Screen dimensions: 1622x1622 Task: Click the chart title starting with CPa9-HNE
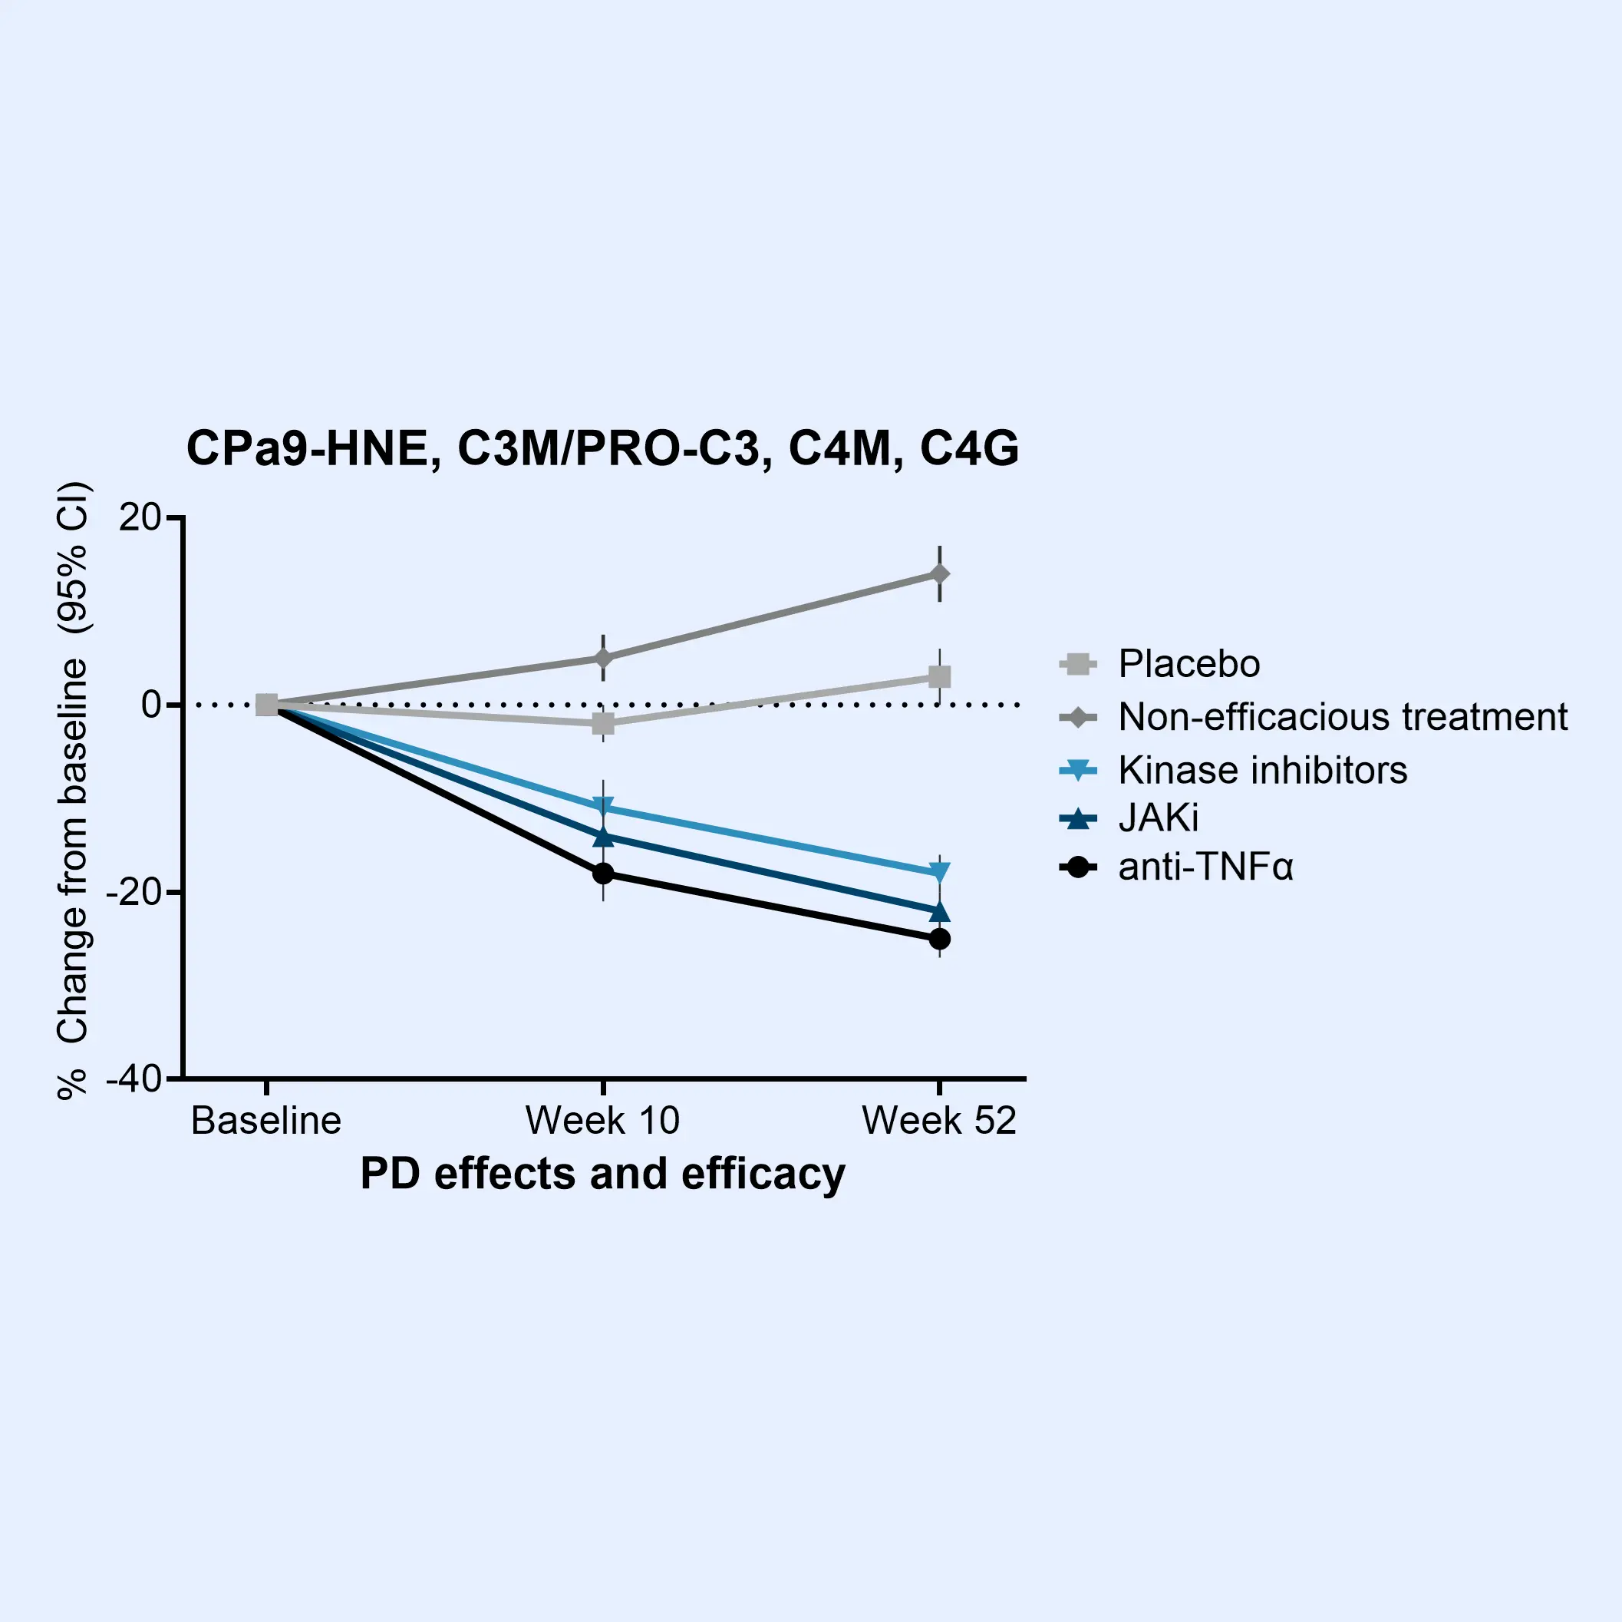click(602, 448)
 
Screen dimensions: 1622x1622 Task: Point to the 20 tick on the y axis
click(140, 517)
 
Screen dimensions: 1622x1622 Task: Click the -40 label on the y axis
click(134, 1079)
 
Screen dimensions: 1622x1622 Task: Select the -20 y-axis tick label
click(134, 892)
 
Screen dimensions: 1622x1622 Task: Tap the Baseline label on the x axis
click(266, 1121)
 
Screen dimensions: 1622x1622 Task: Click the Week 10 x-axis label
click(602, 1121)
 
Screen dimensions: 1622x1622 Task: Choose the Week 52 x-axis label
click(938, 1121)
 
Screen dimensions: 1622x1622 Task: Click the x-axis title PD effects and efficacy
click(602, 1174)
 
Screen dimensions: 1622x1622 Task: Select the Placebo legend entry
click(1188, 663)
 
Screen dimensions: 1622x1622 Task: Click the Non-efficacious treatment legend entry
click(1342, 716)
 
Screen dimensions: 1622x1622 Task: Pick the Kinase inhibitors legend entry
click(1262, 769)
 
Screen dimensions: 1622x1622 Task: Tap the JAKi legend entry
click(1158, 818)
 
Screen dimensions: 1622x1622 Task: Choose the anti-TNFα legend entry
click(1205, 866)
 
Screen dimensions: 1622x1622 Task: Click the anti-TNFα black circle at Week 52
click(939, 938)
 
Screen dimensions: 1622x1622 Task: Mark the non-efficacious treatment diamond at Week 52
click(939, 573)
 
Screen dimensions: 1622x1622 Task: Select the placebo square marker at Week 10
click(603, 723)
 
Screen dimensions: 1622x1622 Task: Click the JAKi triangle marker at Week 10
click(603, 836)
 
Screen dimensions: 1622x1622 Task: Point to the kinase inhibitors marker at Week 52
click(939, 872)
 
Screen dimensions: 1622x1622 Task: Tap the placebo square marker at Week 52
click(939, 676)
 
